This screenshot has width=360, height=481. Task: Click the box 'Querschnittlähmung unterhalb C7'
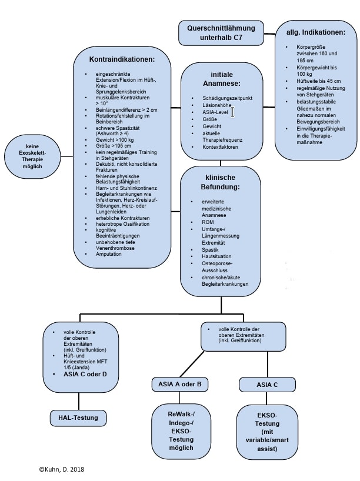click(x=221, y=32)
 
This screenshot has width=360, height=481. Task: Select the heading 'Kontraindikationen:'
click(x=122, y=60)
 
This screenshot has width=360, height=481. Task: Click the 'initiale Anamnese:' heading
click(x=221, y=78)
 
